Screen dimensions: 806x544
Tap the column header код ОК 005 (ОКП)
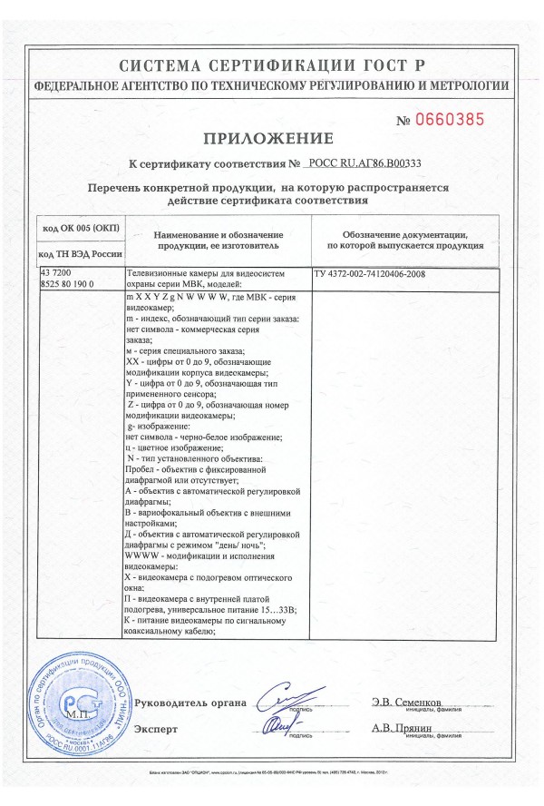point(81,226)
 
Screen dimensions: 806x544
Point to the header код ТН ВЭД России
point(81,255)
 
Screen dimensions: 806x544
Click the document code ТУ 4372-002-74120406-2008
point(369,273)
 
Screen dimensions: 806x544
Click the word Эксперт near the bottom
point(156,729)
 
